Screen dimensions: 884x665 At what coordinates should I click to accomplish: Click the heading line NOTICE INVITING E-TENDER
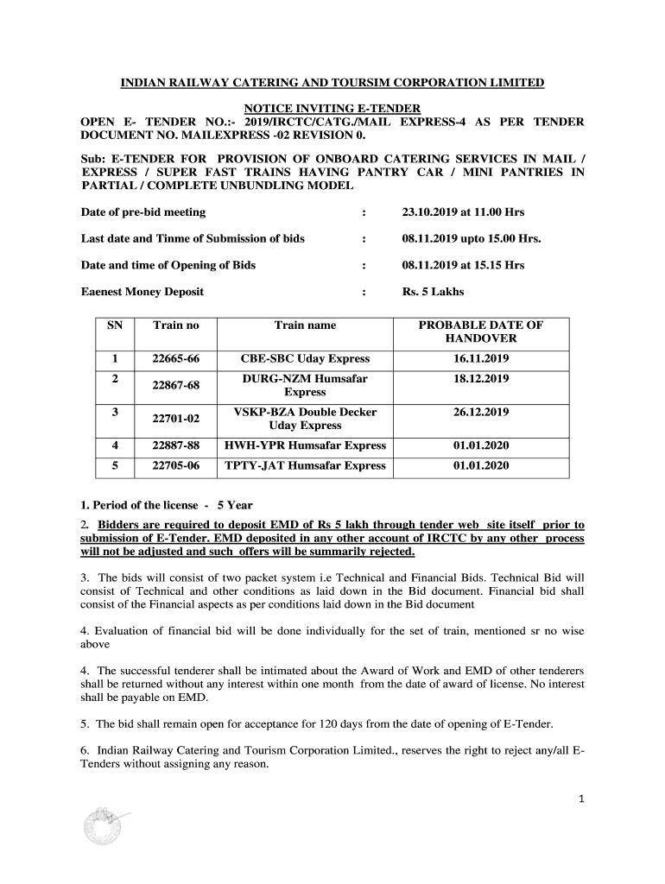(332, 108)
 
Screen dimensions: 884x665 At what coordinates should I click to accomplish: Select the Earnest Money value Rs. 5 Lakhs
(433, 292)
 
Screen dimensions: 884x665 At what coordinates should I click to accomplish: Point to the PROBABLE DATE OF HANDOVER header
(480, 331)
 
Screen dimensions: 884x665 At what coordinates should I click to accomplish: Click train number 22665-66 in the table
(175, 358)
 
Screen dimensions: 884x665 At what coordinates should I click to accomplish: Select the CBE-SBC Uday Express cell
(305, 358)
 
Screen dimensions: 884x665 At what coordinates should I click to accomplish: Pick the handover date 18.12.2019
(480, 379)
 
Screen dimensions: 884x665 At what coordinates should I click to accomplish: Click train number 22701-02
(175, 419)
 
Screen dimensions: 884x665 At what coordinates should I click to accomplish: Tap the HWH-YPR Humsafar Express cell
(305, 445)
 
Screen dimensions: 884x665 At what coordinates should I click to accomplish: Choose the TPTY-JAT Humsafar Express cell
(305, 465)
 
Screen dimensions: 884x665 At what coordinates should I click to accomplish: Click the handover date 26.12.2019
(480, 413)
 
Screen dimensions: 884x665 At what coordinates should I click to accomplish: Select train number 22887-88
(175, 445)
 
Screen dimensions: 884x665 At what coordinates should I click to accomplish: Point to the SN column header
(115, 325)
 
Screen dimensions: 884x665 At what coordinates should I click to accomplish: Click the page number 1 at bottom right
(582, 799)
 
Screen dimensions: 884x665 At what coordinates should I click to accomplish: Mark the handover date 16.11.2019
(480, 358)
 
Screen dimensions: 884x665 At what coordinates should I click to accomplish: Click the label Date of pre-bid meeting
(143, 212)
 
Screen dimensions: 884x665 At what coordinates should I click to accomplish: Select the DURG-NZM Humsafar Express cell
(305, 385)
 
